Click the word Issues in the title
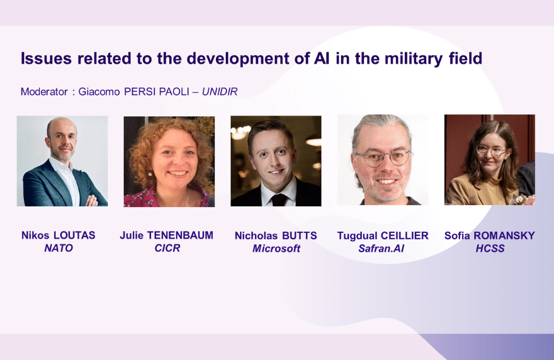click(x=47, y=59)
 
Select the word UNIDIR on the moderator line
click(x=220, y=91)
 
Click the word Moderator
click(x=44, y=91)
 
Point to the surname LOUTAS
click(x=74, y=235)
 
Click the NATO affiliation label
click(x=59, y=248)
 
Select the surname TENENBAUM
click(x=180, y=235)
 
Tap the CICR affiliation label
click(x=167, y=248)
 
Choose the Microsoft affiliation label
click(x=276, y=249)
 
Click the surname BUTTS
click(x=299, y=235)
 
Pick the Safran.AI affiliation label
click(x=382, y=249)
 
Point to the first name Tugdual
click(x=357, y=235)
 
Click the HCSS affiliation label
click(x=490, y=249)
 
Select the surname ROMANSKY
click(x=504, y=235)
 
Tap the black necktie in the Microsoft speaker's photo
click(x=279, y=200)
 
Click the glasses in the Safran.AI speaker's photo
click(x=383, y=157)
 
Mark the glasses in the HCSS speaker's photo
click(x=492, y=151)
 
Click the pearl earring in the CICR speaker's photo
click(x=150, y=174)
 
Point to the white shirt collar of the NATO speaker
click(x=63, y=166)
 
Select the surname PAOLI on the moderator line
click(x=174, y=91)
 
